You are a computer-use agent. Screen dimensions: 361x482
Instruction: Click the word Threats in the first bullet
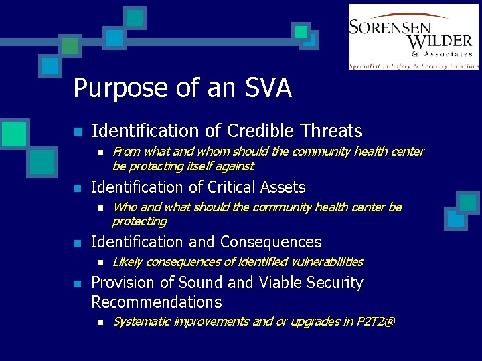click(x=331, y=131)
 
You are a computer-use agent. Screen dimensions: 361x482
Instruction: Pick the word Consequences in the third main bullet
click(x=270, y=242)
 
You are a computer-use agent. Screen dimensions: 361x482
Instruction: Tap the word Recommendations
click(x=156, y=302)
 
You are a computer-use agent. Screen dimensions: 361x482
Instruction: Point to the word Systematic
click(x=141, y=322)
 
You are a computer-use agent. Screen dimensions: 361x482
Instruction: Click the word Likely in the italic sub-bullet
click(x=127, y=262)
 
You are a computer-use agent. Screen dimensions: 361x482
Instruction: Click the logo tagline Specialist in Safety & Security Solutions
click(x=414, y=66)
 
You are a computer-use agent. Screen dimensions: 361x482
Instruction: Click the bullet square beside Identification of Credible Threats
click(x=78, y=132)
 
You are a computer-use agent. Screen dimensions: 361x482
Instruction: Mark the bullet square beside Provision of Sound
click(x=78, y=283)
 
